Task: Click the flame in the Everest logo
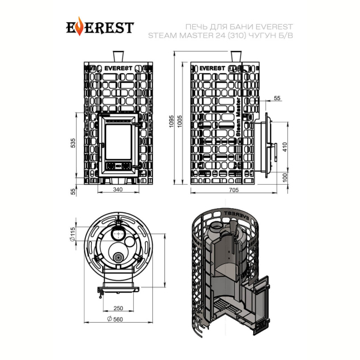(79, 26)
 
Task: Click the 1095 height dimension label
(171, 121)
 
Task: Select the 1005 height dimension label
(179, 121)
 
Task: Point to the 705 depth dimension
(234, 190)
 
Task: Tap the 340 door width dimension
(118, 190)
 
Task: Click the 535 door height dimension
(73, 143)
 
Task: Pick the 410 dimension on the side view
(284, 147)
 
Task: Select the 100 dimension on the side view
(284, 178)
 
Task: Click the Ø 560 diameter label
(115, 319)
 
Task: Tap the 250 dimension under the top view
(118, 308)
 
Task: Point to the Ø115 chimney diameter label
(73, 234)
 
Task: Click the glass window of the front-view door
(118, 142)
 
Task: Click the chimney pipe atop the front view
(118, 56)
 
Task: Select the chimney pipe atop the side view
(236, 56)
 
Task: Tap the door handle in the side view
(275, 152)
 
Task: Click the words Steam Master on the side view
(239, 116)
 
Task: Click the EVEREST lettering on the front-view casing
(118, 68)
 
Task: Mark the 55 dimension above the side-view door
(277, 98)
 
